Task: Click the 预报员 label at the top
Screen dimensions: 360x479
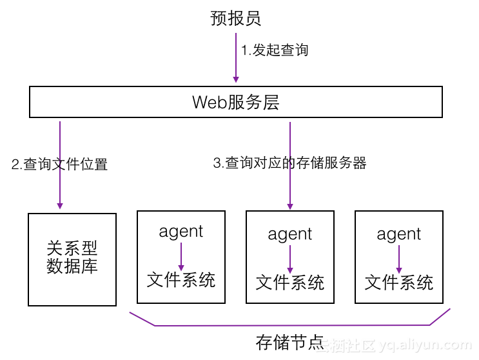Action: (x=236, y=18)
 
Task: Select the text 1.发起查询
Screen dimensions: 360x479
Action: (x=275, y=50)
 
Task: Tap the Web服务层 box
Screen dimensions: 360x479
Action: (x=236, y=102)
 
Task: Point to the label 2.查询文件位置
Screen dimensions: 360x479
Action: (x=59, y=165)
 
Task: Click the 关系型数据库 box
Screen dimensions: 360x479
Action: (x=72, y=258)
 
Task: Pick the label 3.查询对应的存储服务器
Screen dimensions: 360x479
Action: (x=289, y=163)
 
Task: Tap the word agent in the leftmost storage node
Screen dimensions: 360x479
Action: (x=181, y=232)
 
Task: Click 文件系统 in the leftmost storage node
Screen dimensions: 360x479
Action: (x=181, y=280)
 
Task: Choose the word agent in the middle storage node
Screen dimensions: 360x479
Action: (x=290, y=234)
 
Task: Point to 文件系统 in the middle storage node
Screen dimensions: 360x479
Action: (x=290, y=283)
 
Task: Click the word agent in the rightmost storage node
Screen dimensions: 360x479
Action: (x=399, y=234)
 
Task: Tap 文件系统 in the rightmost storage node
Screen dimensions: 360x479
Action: (x=399, y=283)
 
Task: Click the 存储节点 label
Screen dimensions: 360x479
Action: (x=289, y=343)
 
